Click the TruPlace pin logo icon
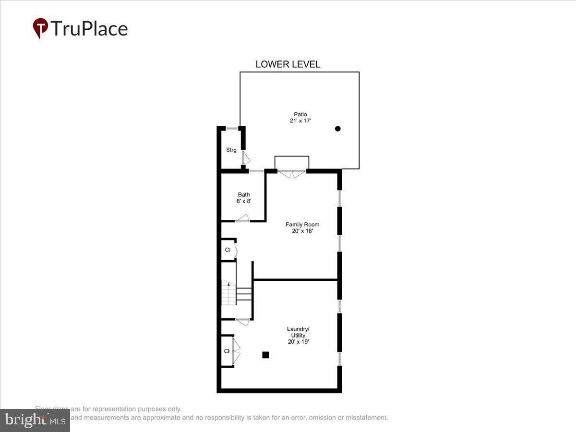(40, 28)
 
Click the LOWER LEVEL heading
(288, 64)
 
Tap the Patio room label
(300, 114)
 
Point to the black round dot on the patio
(337, 129)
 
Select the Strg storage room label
(231, 150)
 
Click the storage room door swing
(246, 157)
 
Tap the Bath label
(244, 194)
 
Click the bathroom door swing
(242, 218)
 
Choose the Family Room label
(302, 224)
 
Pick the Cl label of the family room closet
(228, 250)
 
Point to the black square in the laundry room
(265, 355)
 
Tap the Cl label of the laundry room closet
(227, 351)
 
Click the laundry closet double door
(236, 350)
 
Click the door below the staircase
(242, 322)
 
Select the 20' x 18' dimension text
(302, 231)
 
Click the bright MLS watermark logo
(35, 420)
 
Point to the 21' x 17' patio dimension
(300, 121)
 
